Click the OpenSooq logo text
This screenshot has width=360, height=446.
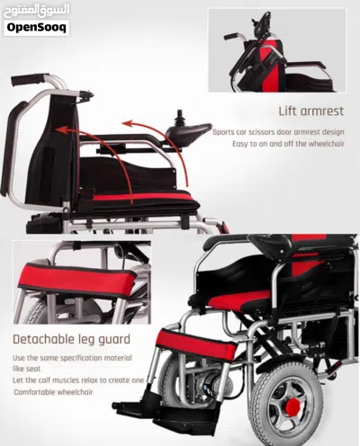coord(36,28)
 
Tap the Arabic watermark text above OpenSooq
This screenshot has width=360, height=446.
coord(37,11)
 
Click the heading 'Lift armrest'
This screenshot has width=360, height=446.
coord(311,111)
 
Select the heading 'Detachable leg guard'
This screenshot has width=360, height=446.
coord(71,339)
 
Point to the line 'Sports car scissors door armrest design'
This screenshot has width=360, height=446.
coord(278,132)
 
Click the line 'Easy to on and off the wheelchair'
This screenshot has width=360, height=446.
coord(288,144)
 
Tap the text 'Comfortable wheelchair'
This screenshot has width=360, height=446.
coord(53,392)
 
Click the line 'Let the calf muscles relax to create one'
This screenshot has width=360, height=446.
coord(78,380)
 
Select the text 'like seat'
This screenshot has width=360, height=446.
coord(26,369)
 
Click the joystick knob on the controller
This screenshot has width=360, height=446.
coord(179,116)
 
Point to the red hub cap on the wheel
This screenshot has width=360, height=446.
coord(292,406)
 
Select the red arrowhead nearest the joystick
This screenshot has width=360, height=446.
coord(127,123)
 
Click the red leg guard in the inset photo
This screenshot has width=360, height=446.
coord(76,281)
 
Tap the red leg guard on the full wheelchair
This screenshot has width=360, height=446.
coord(196,345)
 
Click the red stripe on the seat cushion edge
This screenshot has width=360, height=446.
coord(141,197)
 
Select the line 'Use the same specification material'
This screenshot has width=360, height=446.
coord(72,358)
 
